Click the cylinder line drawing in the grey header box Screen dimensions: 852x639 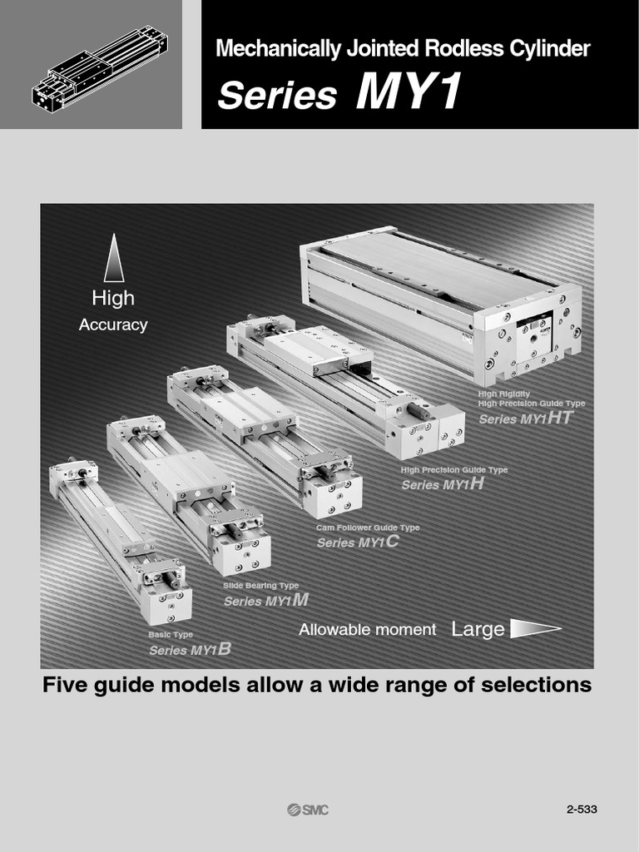(x=99, y=67)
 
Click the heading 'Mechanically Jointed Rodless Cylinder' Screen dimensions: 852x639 (x=403, y=49)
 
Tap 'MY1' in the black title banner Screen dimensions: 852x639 (x=408, y=94)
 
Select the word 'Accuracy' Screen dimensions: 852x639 (x=113, y=325)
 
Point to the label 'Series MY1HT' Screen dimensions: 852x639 (x=526, y=419)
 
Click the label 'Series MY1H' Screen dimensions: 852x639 (x=443, y=483)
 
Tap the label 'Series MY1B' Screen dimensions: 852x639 (x=190, y=650)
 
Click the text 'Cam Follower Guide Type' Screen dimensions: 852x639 (x=368, y=528)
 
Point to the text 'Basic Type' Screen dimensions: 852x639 (x=171, y=635)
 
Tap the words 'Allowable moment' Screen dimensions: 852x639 (x=367, y=630)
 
